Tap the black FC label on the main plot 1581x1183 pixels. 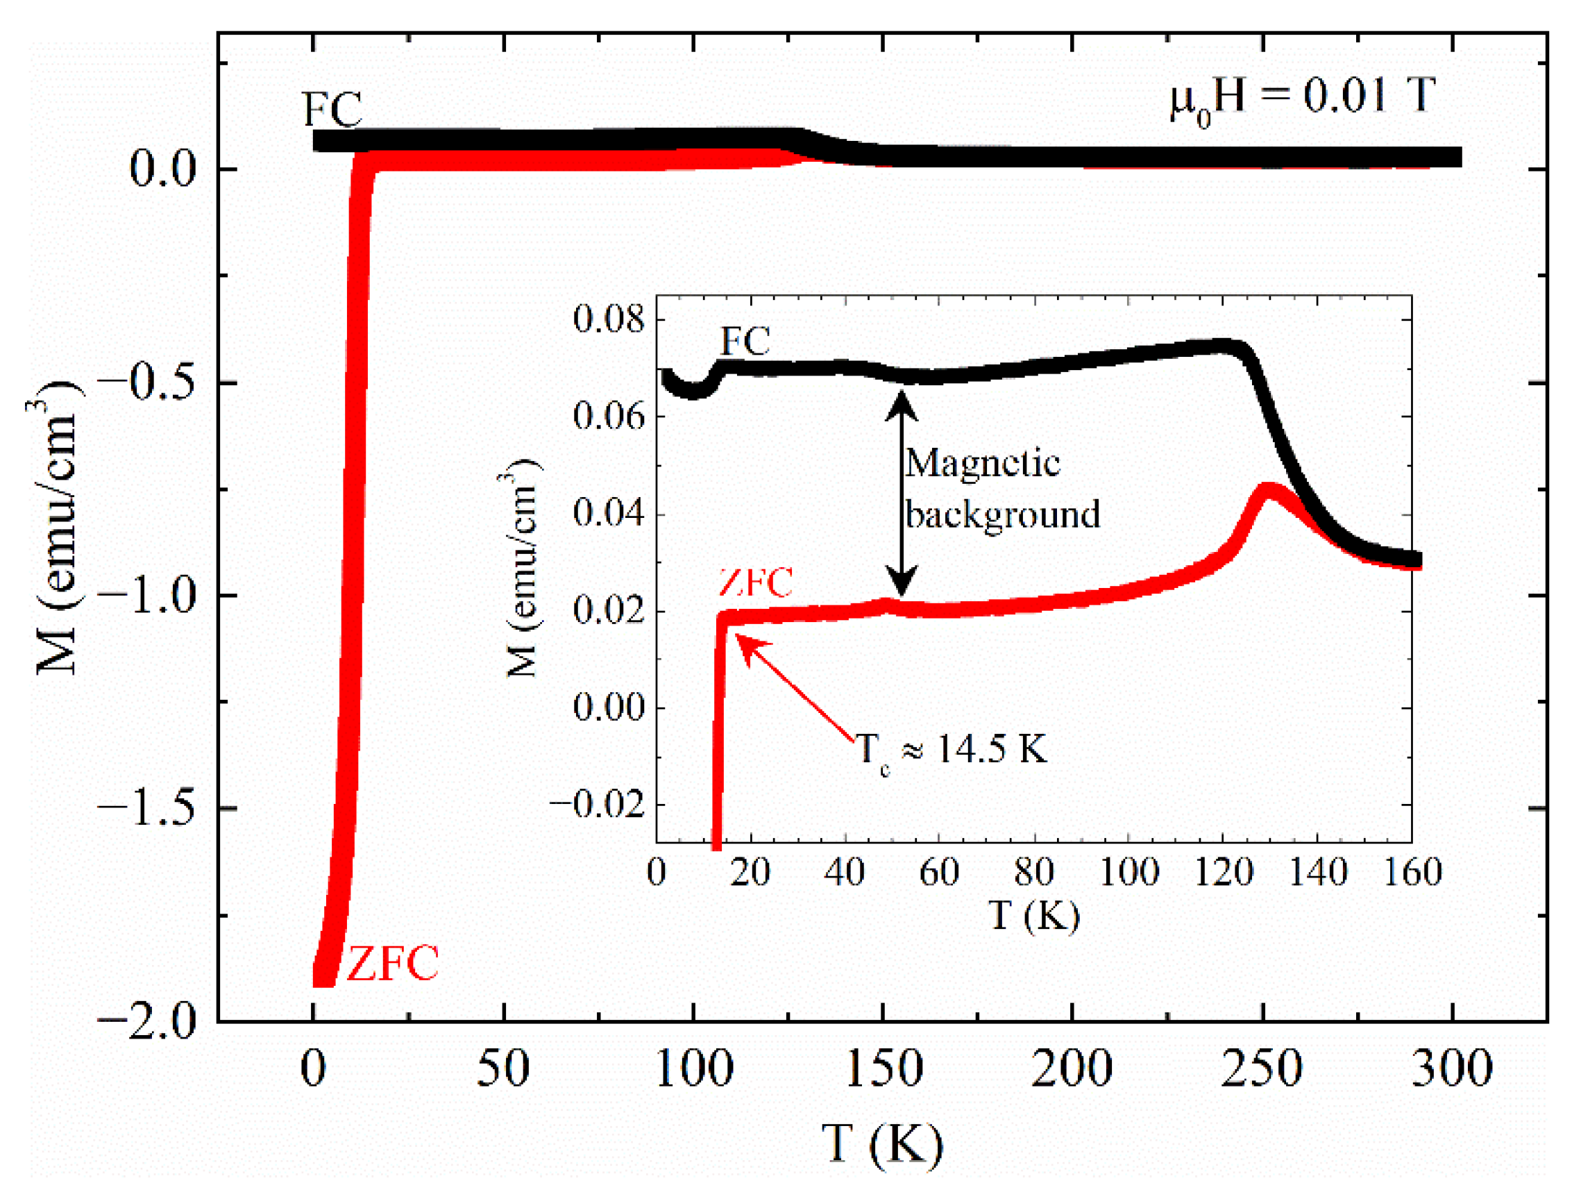click(x=332, y=110)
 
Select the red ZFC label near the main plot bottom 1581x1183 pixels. click(x=392, y=963)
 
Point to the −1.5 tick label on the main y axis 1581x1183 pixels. click(x=146, y=808)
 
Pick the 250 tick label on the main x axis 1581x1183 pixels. click(x=1262, y=1069)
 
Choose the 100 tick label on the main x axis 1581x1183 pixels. click(x=693, y=1069)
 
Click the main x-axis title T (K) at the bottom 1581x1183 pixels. click(x=882, y=1143)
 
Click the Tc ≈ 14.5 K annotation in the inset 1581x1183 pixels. click(x=951, y=750)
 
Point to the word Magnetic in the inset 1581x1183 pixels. click(x=982, y=463)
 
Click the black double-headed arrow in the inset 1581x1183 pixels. click(x=902, y=493)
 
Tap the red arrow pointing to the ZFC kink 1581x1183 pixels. click(x=793, y=690)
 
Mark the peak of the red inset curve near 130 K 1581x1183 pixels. click(x=1268, y=492)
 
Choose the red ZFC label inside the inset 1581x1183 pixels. click(x=756, y=582)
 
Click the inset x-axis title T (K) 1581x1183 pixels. click(x=1033, y=916)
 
